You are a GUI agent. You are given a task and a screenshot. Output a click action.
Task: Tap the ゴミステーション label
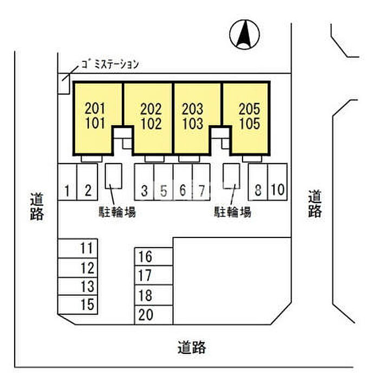(110, 64)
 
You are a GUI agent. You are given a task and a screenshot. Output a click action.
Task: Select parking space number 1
(67, 190)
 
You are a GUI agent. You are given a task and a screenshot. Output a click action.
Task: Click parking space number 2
(87, 190)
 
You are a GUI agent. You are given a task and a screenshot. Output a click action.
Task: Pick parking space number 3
(144, 190)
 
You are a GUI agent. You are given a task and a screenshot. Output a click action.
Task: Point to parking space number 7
(201, 190)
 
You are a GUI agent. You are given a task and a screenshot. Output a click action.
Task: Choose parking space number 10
(277, 190)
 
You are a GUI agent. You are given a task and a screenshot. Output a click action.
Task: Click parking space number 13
(87, 286)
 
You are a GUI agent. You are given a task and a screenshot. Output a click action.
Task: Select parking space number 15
(87, 304)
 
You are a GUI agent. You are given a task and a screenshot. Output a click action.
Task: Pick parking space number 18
(146, 296)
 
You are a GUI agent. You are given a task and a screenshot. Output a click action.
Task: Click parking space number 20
(146, 314)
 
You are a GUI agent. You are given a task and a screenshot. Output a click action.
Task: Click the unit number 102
(151, 124)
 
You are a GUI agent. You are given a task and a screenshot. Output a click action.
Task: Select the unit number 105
(249, 124)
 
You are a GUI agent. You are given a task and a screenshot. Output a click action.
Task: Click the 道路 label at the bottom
(192, 347)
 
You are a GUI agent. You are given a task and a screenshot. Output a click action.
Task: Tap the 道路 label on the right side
(315, 203)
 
